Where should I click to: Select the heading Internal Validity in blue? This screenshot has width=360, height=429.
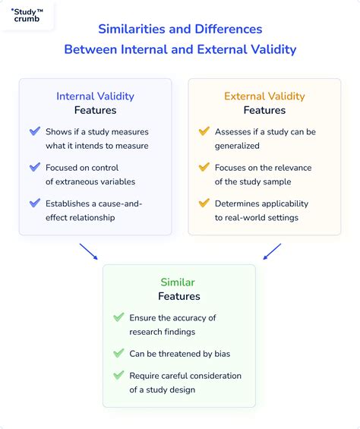pyautogui.click(x=95, y=96)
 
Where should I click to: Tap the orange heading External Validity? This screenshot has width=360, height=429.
pyautogui.click(x=264, y=96)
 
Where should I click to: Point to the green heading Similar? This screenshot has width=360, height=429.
pyautogui.click(x=179, y=282)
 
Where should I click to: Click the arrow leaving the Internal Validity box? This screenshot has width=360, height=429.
pyautogui.click(x=88, y=251)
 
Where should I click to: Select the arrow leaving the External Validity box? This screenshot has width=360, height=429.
pyautogui.click(x=272, y=251)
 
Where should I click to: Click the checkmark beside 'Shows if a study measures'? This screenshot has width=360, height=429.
pyautogui.click(x=35, y=131)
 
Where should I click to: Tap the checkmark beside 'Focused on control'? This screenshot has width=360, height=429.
pyautogui.click(x=35, y=167)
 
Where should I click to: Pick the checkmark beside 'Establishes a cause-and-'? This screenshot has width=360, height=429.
pyautogui.click(x=35, y=203)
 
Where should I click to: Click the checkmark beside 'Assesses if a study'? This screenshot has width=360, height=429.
pyautogui.click(x=204, y=131)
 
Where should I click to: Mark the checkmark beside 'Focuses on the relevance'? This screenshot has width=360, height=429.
pyautogui.click(x=204, y=167)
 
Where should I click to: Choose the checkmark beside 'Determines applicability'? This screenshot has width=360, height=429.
pyautogui.click(x=204, y=203)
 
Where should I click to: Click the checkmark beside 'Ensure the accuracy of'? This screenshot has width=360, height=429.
pyautogui.click(x=118, y=317)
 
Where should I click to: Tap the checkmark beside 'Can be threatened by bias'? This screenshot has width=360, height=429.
pyautogui.click(x=118, y=353)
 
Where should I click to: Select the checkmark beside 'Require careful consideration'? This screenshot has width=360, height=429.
pyautogui.click(x=118, y=375)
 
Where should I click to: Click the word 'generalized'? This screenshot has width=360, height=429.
pyautogui.click(x=237, y=145)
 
